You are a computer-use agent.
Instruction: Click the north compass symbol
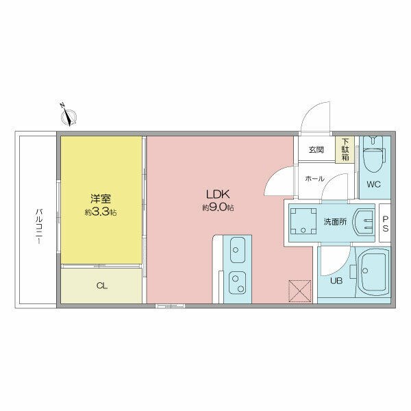(x=68, y=116)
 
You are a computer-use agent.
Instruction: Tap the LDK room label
(x=218, y=195)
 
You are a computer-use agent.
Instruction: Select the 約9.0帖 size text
(x=218, y=208)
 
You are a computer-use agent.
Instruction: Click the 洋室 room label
(x=101, y=199)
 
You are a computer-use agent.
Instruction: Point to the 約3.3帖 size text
(x=101, y=212)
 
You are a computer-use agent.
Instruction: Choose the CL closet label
(x=101, y=286)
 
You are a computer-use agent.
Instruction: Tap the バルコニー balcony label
(x=39, y=227)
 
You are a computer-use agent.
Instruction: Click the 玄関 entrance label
(x=316, y=150)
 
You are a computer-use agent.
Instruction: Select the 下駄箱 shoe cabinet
(x=345, y=149)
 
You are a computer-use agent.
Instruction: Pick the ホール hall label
(x=314, y=179)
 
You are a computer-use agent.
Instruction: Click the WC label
(x=373, y=184)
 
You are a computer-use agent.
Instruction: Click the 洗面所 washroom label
(x=335, y=222)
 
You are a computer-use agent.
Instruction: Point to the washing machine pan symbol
(x=303, y=221)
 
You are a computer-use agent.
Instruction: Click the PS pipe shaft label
(x=385, y=223)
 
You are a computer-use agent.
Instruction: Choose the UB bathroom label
(x=336, y=281)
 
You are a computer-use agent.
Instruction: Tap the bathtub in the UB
(x=373, y=272)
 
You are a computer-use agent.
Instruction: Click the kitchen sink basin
(x=238, y=249)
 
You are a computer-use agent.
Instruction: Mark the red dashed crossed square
(x=299, y=291)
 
